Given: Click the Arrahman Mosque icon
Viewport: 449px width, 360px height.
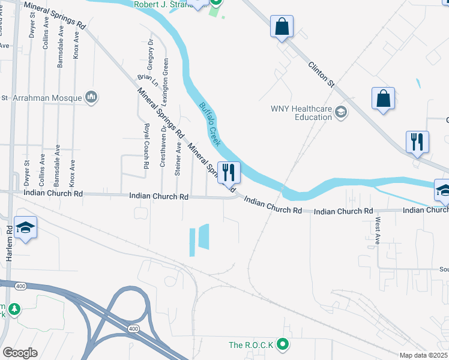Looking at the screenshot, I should [x=91, y=97].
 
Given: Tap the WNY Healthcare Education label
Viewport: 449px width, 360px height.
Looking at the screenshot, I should [x=301, y=113].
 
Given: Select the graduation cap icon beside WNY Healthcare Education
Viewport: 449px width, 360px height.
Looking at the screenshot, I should [x=341, y=112].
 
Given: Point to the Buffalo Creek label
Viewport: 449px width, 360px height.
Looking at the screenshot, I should [x=210, y=124].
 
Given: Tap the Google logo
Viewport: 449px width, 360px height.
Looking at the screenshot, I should [x=20, y=352].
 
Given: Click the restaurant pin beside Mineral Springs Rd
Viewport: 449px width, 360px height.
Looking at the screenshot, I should [x=229, y=172].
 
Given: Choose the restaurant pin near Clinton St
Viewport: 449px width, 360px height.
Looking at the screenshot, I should [x=417, y=142].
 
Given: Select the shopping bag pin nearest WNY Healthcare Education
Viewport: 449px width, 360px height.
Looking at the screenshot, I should [x=383, y=98].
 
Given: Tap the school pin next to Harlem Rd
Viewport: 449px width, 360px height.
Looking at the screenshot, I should [x=25, y=227].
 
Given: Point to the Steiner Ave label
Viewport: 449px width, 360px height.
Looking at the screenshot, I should [x=178, y=158].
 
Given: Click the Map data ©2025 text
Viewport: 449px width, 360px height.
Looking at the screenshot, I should [x=424, y=355].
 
